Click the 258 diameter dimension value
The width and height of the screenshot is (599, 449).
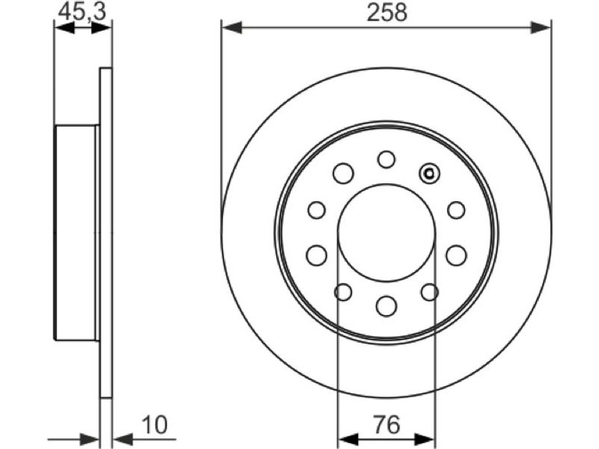(x=387, y=13)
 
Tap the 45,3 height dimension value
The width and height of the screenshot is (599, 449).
(x=82, y=13)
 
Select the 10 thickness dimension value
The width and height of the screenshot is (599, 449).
(x=155, y=425)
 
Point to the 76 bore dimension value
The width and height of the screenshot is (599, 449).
(x=386, y=425)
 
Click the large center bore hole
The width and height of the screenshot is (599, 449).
(x=386, y=232)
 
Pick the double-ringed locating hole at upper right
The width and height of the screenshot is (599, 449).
(x=429, y=174)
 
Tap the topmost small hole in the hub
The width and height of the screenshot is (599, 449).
(x=386, y=159)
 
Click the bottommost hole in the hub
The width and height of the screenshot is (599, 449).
(x=386, y=306)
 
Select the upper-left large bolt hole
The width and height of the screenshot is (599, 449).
(x=343, y=174)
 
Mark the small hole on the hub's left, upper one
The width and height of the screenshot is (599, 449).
(x=317, y=210)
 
